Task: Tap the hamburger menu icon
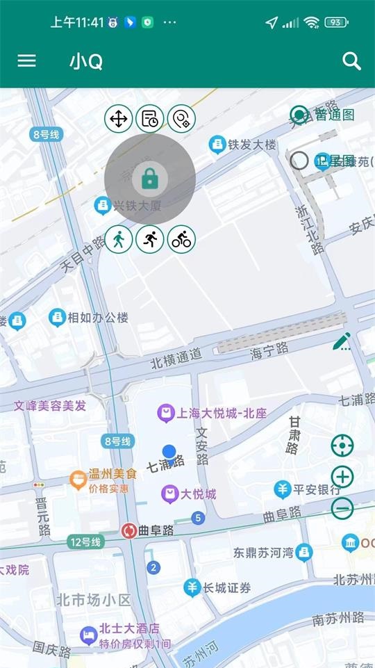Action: [x=26, y=61]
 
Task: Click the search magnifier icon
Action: [x=352, y=61]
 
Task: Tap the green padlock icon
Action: [x=149, y=179]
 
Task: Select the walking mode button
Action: [x=119, y=240]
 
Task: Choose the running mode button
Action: [x=150, y=240]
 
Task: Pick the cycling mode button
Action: [x=181, y=240]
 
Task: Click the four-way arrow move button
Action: [x=119, y=119]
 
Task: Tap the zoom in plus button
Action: [x=342, y=477]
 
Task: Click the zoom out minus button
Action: [x=342, y=509]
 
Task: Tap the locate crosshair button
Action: [x=342, y=445]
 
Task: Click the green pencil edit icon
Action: [x=342, y=341]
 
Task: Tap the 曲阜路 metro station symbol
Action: [x=128, y=530]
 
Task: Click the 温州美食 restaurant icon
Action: [x=78, y=478]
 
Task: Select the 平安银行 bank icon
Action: [x=282, y=489]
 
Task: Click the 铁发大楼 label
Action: [x=252, y=145]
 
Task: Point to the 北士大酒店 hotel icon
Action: [x=87, y=634]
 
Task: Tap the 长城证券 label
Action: [x=226, y=588]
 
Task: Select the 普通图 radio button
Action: [x=299, y=114]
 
